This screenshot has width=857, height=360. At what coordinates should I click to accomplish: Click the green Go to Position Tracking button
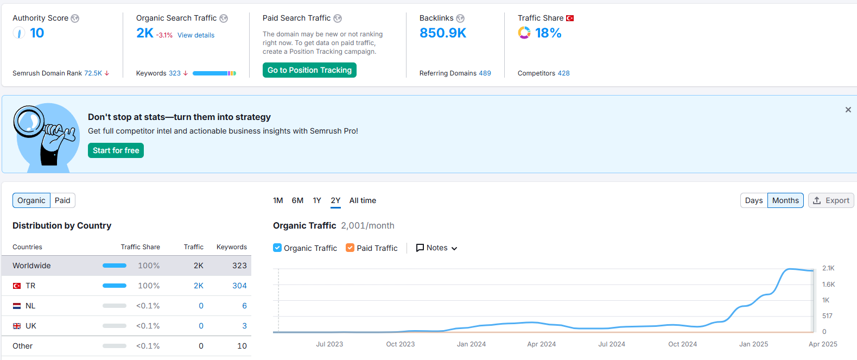309,70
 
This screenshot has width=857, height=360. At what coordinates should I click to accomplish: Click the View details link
196,35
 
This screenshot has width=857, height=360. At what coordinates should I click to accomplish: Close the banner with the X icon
848,110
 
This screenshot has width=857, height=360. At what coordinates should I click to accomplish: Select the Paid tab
62,200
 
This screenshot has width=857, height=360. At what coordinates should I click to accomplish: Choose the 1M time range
278,200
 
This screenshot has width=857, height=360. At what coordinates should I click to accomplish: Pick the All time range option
363,200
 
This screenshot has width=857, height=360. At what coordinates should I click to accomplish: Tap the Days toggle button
754,200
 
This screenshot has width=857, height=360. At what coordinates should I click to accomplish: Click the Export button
831,200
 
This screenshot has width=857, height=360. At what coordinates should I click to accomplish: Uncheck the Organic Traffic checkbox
277,248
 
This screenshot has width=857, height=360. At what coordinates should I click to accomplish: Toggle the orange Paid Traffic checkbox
350,248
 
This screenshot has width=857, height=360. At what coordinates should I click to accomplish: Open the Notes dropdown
436,248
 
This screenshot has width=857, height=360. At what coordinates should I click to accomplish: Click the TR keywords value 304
239,286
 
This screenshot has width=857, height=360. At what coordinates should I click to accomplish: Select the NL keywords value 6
244,306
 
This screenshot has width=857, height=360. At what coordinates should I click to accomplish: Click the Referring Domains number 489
485,73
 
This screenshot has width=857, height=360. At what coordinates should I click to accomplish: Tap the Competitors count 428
563,73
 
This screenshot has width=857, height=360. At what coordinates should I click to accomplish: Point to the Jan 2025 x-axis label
753,344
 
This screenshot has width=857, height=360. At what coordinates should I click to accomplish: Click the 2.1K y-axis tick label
828,268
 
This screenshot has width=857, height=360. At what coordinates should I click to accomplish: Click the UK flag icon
17,326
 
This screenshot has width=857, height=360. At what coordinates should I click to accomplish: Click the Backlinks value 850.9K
443,33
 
